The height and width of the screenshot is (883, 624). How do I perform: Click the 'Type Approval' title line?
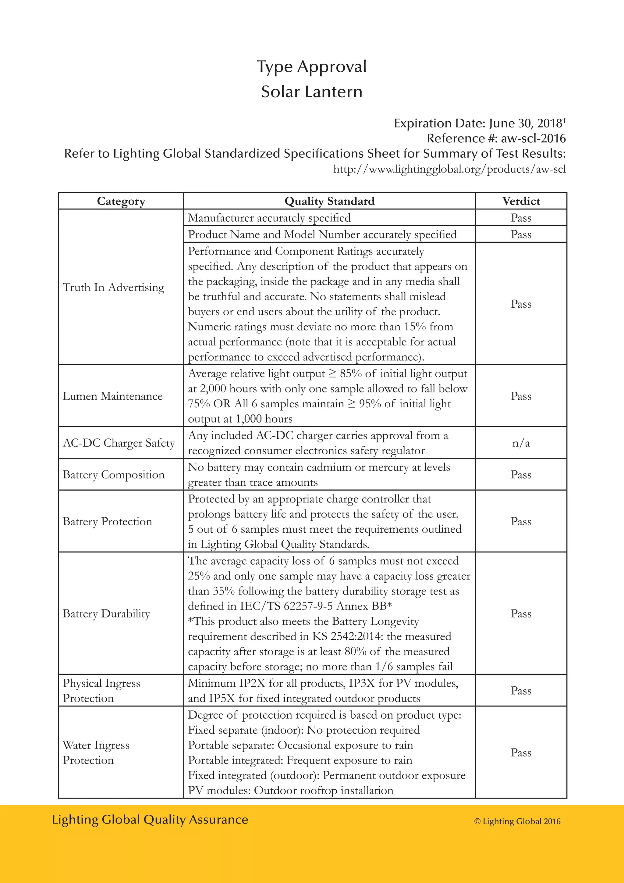(x=312, y=66)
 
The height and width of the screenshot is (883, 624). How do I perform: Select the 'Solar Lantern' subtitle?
(x=312, y=92)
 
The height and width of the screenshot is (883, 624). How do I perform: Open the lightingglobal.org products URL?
(x=449, y=169)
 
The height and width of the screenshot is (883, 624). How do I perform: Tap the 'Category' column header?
(x=121, y=201)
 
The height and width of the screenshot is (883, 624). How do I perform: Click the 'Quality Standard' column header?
(x=329, y=201)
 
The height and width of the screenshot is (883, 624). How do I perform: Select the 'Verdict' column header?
(x=521, y=201)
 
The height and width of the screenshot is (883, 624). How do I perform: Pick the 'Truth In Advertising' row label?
(x=113, y=287)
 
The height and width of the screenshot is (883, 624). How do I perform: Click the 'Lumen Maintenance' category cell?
(x=112, y=396)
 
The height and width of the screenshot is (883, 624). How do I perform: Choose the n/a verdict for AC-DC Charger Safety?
(x=521, y=443)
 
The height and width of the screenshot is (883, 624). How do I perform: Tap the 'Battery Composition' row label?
(x=113, y=474)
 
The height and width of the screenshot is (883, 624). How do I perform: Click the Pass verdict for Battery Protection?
(x=521, y=521)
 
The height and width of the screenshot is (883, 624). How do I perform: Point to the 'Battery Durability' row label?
(x=106, y=614)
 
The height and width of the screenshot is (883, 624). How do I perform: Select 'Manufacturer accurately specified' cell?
(x=269, y=218)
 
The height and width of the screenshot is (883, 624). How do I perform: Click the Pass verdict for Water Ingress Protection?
(x=521, y=753)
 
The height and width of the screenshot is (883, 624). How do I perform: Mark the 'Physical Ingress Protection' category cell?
(x=101, y=691)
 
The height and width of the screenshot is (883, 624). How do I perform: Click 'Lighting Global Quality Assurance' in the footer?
(x=150, y=820)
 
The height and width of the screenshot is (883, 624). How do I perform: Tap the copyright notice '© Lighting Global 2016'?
(x=517, y=821)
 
